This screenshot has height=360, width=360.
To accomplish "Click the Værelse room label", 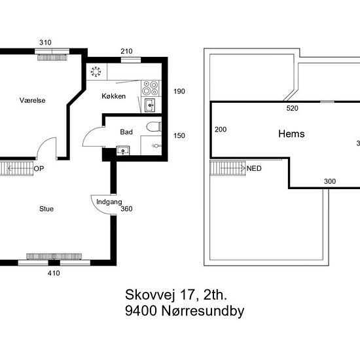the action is click(x=32, y=100).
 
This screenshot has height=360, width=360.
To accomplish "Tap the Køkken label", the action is click(x=114, y=96).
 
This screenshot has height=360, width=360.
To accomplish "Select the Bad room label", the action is click(x=126, y=132).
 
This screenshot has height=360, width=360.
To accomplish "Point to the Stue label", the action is click(x=46, y=209).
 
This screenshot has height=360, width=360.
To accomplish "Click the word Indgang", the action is click(x=109, y=202).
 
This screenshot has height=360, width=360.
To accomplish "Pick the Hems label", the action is click(x=291, y=134).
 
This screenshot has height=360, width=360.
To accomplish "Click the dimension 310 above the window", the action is click(x=45, y=43).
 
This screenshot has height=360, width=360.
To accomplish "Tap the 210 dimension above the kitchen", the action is click(x=126, y=51).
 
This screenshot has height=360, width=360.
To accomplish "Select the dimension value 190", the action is click(x=179, y=92).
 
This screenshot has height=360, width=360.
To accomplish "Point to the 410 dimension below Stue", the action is click(x=54, y=273).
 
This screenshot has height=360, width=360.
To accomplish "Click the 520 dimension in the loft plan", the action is click(x=293, y=108).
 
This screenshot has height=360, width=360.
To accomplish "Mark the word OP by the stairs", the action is click(x=39, y=169).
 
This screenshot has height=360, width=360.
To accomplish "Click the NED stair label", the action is click(x=254, y=168).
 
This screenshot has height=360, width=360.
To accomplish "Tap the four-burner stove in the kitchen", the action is click(x=150, y=88).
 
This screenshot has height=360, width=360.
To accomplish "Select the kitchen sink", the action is click(x=150, y=105).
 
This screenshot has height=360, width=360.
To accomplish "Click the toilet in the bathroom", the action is click(x=154, y=127).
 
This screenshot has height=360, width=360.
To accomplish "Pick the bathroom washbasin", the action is click(x=123, y=151).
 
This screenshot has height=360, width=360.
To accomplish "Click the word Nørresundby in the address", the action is click(x=203, y=311).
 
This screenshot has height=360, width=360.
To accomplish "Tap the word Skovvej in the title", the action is click(x=149, y=295).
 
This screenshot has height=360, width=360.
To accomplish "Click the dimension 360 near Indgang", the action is click(x=126, y=209).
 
